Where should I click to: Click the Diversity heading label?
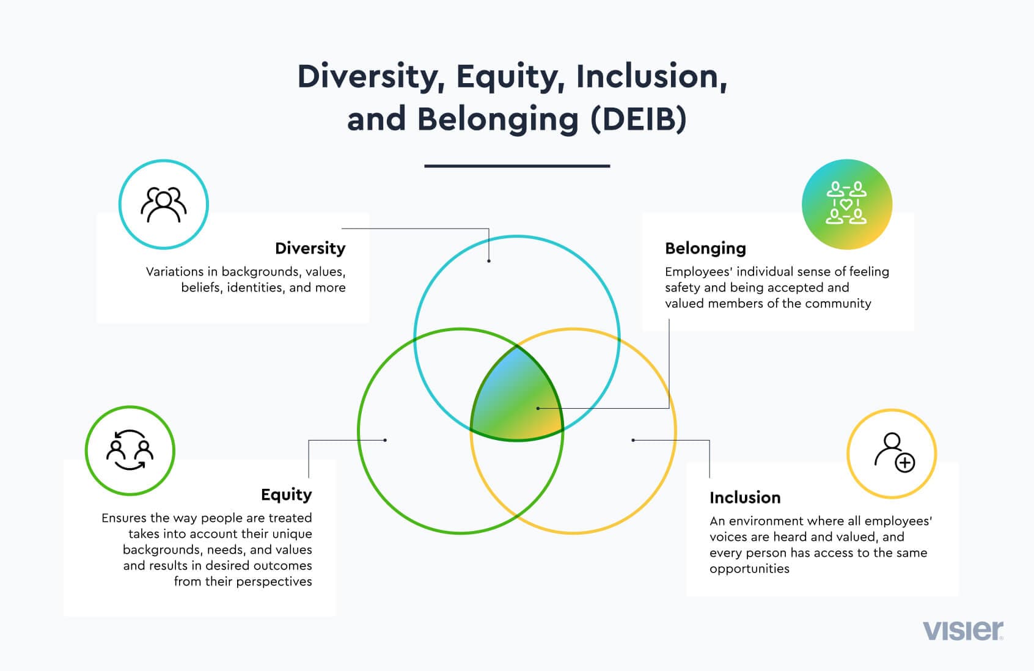point(310,248)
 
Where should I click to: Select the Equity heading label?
point(286,495)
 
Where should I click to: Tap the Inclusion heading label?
point(745,497)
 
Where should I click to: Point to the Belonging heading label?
point(705,249)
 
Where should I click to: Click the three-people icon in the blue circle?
point(164,205)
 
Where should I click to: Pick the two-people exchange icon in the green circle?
point(130,450)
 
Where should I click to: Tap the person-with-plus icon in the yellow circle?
point(895,453)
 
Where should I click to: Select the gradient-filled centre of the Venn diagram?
point(516,395)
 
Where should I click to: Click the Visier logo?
point(963,631)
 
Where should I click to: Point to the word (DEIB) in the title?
point(639,119)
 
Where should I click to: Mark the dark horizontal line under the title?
point(517,166)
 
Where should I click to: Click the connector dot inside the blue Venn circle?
point(489,261)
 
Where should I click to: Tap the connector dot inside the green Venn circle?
point(385,440)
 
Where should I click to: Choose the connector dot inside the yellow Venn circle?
point(633,440)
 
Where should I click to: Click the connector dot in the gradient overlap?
point(538,408)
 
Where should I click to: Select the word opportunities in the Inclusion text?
point(750,569)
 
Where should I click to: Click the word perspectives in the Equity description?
point(274,582)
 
